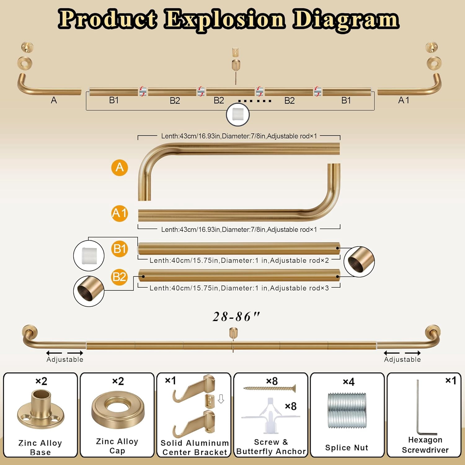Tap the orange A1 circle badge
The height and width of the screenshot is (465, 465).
coord(120,213)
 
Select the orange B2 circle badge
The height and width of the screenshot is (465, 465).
coord(120,277)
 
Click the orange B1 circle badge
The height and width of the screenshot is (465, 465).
coord(120,249)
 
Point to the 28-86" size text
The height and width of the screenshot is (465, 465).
coord(236,317)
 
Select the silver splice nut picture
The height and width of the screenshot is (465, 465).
coord(347,410)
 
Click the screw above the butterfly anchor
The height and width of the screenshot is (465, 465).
coord(269,388)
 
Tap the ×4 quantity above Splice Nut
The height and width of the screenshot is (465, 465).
coord(349,382)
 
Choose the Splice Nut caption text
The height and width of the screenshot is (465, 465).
coord(347,448)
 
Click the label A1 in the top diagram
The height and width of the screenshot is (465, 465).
coord(404,100)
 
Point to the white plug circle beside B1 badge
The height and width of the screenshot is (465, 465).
coord(89,256)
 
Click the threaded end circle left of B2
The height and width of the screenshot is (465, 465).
coord(89,291)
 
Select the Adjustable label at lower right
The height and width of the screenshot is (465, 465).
coord(402,359)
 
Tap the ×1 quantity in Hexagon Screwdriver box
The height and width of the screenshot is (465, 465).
coord(451,380)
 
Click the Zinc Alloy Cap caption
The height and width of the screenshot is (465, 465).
coord(117,446)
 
